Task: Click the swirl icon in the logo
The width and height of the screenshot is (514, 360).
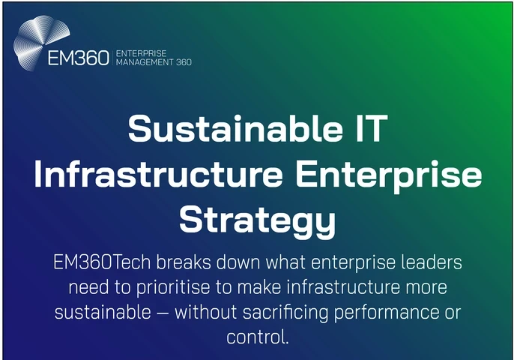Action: (x=41, y=42)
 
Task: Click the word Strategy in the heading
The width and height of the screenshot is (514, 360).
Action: (x=256, y=219)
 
